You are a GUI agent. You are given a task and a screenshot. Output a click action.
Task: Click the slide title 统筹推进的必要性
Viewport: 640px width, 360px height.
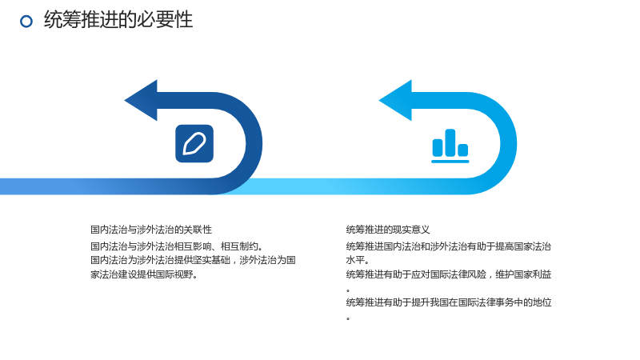coord(118,19)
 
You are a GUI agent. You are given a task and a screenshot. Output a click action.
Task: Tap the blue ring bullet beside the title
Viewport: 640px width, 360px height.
coord(26,22)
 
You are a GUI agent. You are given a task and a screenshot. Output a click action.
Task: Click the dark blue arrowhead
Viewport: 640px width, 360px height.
coord(142,101)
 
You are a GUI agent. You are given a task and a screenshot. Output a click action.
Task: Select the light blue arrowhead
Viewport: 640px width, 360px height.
coord(396,101)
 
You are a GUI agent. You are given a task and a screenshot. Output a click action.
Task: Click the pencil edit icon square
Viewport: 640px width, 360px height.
coord(194,144)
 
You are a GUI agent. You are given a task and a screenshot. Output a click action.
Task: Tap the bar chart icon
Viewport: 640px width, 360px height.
coord(450,146)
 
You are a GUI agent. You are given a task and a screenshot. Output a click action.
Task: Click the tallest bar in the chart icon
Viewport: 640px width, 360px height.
coord(450,143)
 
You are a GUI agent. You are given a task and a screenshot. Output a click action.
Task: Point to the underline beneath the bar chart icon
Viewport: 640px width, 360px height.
coord(450,162)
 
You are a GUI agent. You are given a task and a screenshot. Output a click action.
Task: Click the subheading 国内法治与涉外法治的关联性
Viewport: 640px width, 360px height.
coord(151,230)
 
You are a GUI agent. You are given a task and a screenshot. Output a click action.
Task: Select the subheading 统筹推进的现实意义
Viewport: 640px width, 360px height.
coord(388,230)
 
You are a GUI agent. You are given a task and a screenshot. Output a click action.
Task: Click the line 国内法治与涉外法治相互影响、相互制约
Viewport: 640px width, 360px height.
coord(176,246)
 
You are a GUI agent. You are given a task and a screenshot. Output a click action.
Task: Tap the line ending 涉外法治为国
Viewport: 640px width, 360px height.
coord(193,261)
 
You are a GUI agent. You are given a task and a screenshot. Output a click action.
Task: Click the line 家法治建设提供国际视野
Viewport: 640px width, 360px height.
coord(144,274)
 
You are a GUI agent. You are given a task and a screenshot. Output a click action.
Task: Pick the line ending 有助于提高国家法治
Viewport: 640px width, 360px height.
coord(449,246)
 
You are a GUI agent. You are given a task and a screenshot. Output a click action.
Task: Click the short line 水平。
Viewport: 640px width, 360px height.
coord(357,261)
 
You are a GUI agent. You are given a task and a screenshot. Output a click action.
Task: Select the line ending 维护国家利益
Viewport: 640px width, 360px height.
coord(449,274)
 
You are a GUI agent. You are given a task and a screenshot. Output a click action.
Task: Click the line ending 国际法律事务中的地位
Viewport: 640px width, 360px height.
coord(449,302)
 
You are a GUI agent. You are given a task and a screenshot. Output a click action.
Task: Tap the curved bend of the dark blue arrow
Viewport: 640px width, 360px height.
coord(254,144)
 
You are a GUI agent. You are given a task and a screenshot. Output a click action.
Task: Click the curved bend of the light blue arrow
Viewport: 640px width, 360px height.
coord(509,144)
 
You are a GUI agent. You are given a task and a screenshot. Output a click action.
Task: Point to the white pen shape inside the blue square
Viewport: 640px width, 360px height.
coord(194,144)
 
